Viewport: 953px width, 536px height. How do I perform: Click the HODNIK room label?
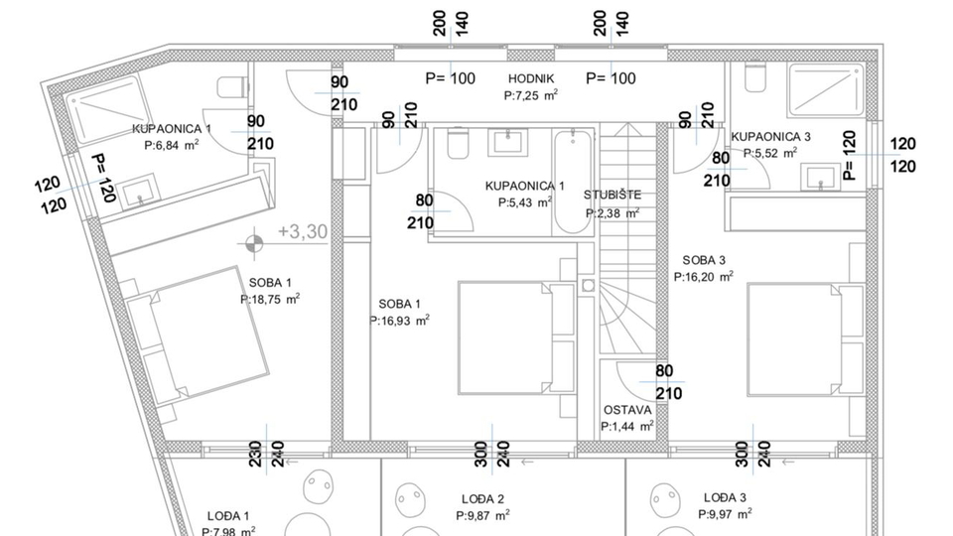point(531,78)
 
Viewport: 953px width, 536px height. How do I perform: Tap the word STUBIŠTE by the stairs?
point(613,196)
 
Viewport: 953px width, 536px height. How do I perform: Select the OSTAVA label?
point(627,410)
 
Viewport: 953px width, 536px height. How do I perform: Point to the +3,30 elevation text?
point(303,231)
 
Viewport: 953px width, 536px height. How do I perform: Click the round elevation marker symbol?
point(254,244)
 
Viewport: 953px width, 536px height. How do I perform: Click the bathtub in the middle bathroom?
point(573,183)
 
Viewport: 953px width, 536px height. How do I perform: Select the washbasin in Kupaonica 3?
point(821,177)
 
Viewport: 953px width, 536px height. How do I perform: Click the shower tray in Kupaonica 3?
point(826,90)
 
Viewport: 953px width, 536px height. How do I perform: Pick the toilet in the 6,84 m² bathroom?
point(232,87)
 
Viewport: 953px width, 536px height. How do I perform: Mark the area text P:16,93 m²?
point(400,321)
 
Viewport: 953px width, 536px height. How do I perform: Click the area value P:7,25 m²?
point(531,95)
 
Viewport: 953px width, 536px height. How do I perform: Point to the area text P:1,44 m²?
point(627,427)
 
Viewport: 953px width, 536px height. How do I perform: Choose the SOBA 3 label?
point(704,261)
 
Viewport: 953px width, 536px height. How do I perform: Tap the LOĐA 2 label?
point(483,499)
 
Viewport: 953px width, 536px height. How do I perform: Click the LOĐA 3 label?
point(725,498)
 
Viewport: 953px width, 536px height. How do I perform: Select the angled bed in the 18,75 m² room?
point(194,335)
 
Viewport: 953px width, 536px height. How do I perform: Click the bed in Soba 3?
point(806,338)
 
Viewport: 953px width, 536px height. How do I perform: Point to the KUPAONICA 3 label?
point(770,137)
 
